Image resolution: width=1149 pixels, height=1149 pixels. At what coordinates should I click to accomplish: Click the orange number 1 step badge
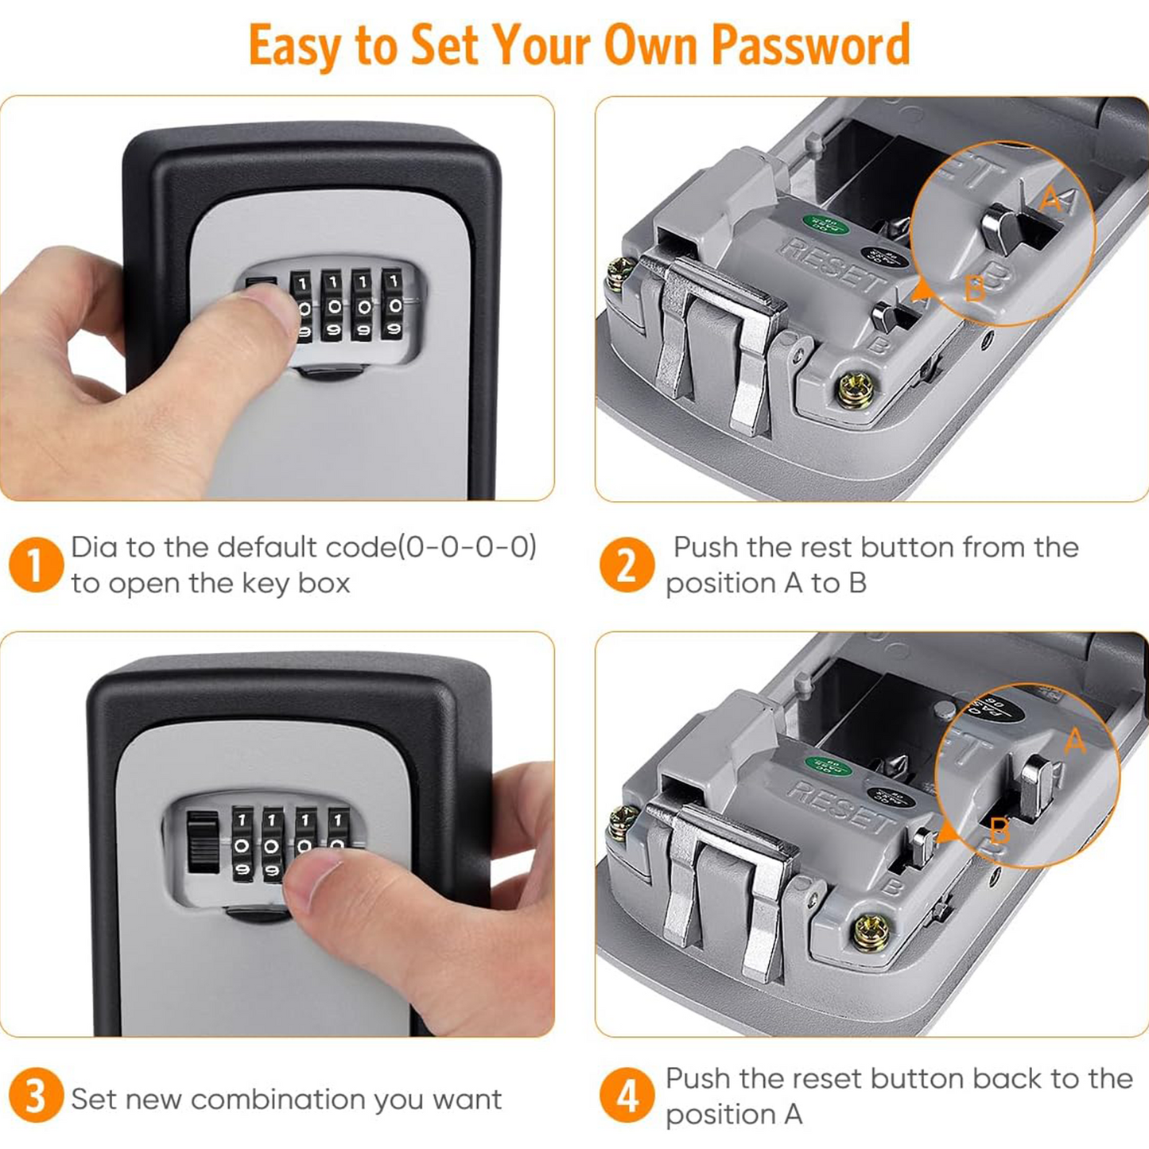tap(36, 565)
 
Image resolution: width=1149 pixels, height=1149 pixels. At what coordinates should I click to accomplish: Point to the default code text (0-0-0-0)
tap(467, 547)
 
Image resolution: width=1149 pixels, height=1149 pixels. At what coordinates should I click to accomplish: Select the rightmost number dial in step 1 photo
tap(392, 305)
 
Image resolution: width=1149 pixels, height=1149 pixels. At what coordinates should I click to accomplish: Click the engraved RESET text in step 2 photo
tap(831, 264)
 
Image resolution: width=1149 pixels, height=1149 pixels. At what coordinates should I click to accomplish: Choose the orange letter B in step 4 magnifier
tap(1000, 832)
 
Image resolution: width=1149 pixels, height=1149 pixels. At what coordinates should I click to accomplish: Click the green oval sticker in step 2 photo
tap(825, 225)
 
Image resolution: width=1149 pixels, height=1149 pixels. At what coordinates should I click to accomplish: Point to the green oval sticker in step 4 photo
tap(828, 767)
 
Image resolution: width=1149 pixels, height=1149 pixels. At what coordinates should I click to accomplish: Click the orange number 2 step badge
tap(627, 565)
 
